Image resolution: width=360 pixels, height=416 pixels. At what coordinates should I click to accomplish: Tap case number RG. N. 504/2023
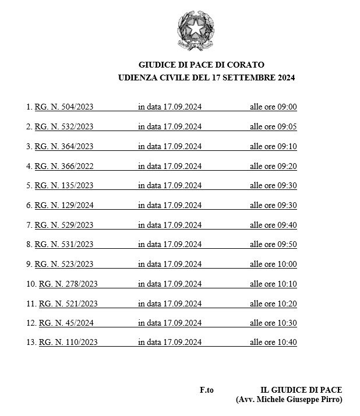pos(64,107)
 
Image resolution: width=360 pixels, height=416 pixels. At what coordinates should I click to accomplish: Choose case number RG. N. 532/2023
pos(64,126)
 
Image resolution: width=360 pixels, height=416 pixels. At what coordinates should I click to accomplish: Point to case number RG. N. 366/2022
pos(64,166)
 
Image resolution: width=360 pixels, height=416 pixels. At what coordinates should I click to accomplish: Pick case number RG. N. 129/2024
pos(64,205)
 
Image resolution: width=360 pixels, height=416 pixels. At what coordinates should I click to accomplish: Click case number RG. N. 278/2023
pos(68,284)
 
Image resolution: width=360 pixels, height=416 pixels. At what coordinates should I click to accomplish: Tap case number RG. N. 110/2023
pos(68,343)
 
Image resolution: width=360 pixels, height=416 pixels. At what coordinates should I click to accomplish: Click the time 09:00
pos(287,107)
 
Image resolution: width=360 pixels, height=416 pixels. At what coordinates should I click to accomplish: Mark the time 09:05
pos(287,126)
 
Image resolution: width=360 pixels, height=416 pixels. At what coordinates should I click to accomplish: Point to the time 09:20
pos(287,166)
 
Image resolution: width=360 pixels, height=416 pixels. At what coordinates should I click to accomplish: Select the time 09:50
pos(287,245)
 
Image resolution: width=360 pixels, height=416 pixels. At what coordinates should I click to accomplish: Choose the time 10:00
pos(287,264)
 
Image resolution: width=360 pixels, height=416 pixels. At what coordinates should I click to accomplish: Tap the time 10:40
pos(287,343)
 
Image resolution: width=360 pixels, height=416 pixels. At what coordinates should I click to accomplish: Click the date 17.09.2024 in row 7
pos(182,225)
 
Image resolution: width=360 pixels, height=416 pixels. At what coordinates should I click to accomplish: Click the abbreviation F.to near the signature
pos(207,390)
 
